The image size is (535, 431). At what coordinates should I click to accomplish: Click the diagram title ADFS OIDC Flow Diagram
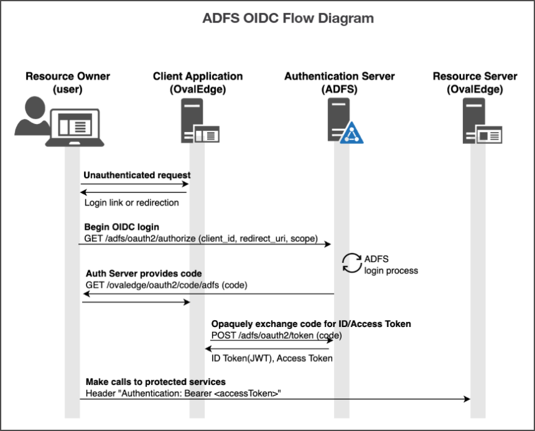[288, 18]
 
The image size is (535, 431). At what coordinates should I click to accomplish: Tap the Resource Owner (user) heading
[68, 82]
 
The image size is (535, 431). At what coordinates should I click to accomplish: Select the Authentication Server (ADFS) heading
[339, 82]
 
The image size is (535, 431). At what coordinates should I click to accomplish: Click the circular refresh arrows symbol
[351, 263]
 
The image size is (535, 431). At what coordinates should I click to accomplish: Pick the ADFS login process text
[391, 265]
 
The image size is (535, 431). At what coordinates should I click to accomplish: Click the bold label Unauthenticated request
[137, 175]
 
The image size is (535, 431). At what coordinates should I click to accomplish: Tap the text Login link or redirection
[131, 202]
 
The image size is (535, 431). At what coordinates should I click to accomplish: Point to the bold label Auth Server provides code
[143, 273]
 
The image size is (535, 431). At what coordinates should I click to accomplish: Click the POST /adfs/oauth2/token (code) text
[276, 335]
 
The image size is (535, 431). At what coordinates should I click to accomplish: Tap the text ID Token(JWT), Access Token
[272, 358]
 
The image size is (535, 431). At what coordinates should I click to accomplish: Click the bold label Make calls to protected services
[155, 381]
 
